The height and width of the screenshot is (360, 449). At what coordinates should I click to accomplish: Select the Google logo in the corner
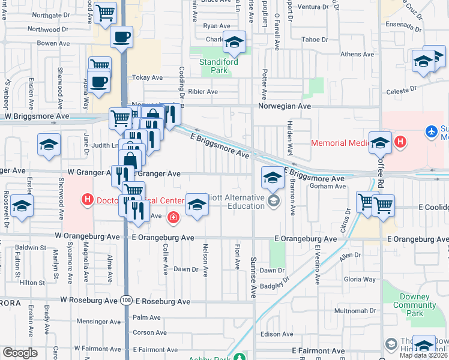point(20,353)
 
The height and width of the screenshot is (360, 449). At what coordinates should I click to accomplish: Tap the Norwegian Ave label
point(285,106)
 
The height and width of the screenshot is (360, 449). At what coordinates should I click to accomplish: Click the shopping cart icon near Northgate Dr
point(106,11)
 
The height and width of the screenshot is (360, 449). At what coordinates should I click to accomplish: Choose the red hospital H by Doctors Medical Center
point(87,199)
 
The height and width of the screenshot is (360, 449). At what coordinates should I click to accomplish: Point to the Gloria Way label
point(360,280)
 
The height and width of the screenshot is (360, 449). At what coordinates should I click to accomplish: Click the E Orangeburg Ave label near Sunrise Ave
point(306,239)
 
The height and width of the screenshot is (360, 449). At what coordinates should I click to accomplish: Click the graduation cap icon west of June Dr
point(49,144)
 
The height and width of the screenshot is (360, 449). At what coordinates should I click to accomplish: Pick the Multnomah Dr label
point(356,311)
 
